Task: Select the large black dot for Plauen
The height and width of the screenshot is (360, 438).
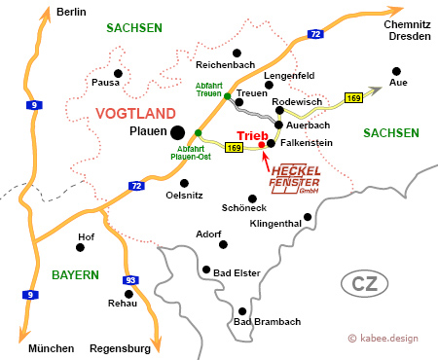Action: pos(177,132)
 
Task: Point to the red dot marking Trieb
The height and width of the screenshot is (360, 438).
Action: pos(261,146)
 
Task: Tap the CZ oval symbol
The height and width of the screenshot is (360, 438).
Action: pos(365,284)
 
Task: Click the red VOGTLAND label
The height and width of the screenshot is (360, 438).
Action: pos(136,114)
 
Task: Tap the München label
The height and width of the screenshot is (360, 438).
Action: pos(51,348)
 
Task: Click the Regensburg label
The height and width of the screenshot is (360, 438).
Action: pos(120,348)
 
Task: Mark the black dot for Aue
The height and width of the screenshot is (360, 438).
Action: pos(396,70)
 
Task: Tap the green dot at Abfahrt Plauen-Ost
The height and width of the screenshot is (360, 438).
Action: pos(198,132)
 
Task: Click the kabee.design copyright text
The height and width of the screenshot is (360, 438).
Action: pos(388,338)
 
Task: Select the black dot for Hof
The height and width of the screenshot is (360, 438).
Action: pos(83,248)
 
